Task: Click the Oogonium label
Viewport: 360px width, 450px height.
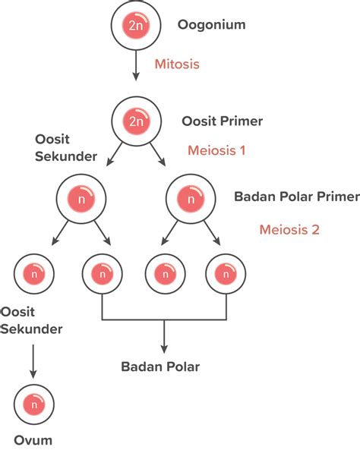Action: tap(211, 25)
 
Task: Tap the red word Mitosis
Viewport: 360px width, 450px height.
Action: tap(177, 64)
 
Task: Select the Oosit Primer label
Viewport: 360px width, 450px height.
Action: tap(222, 121)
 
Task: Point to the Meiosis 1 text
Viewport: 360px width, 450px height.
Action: tap(216, 150)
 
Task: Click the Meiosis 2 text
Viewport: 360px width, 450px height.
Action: tap(289, 230)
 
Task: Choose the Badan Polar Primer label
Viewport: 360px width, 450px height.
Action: tap(297, 197)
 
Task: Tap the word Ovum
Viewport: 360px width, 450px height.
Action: tap(33, 440)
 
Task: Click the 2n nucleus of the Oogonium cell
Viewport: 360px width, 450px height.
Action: tap(136, 25)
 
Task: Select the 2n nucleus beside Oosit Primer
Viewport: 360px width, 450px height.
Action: tap(136, 121)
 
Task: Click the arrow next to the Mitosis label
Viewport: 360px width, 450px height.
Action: tap(136, 65)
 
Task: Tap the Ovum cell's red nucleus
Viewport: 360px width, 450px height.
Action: tap(34, 404)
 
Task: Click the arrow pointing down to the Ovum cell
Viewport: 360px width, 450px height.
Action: tap(33, 361)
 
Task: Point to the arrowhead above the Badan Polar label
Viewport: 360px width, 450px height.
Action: tap(164, 349)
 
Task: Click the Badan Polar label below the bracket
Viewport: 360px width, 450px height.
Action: tap(160, 367)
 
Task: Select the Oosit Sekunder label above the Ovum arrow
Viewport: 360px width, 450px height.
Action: tap(31, 320)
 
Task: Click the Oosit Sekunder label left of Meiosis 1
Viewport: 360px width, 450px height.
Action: tap(66, 148)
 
